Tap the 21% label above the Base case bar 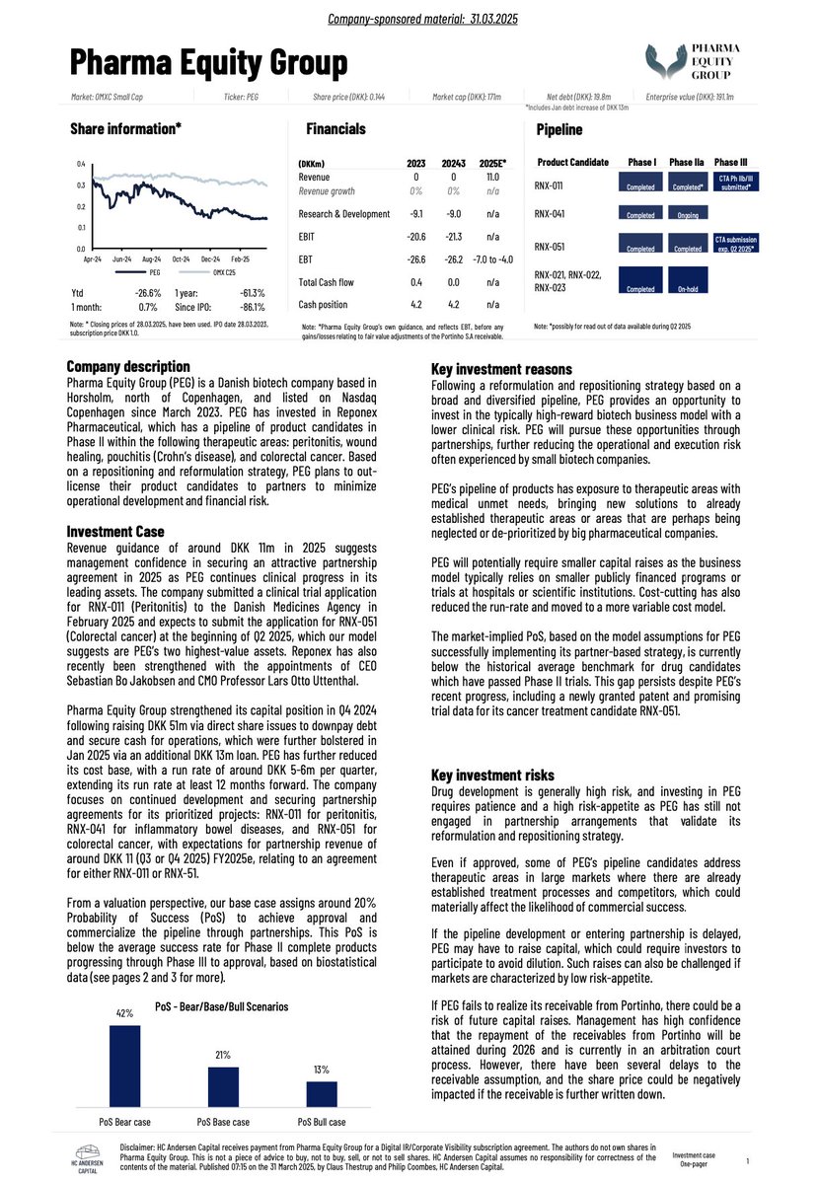coord(223,1055)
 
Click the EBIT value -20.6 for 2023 coord(416,237)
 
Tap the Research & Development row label coord(343,213)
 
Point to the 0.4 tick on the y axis coord(81,164)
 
